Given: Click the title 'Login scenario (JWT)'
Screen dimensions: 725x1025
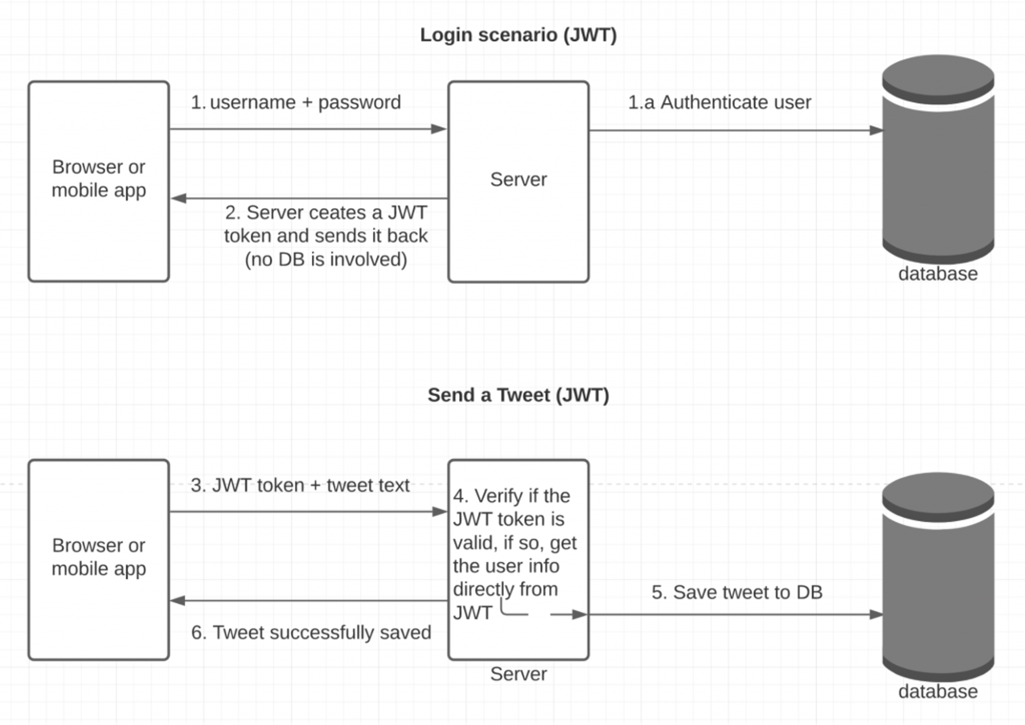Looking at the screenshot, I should coord(518,35).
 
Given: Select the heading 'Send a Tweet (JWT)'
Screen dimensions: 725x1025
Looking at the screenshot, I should coord(518,396).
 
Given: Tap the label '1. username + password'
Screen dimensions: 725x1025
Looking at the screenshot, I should coord(296,103).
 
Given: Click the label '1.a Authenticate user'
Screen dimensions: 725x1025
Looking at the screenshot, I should coord(719,103).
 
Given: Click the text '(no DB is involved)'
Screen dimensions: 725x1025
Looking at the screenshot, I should coord(326,259).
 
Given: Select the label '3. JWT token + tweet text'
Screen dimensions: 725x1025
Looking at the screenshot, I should coord(300,486).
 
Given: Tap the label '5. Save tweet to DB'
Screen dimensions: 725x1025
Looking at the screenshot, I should coord(737,593).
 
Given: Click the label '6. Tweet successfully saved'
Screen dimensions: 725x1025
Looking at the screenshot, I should coord(311,633).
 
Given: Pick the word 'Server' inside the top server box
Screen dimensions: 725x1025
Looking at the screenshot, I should coord(518,180).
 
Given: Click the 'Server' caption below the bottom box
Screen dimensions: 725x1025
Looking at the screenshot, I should coord(518,674).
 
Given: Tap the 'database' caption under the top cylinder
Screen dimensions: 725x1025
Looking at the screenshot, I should coord(938,274).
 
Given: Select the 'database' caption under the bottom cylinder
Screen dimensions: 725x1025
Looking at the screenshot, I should coord(938,692).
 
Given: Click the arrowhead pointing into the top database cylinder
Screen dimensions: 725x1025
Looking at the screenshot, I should coord(876,130).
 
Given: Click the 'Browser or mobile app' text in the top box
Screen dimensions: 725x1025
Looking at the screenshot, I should coord(99,179).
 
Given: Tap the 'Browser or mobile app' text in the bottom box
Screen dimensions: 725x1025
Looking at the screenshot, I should coord(99,557).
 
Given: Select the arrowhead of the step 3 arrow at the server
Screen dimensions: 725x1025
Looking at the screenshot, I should coord(439,512).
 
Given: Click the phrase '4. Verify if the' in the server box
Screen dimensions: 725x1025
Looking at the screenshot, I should coord(511,497).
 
